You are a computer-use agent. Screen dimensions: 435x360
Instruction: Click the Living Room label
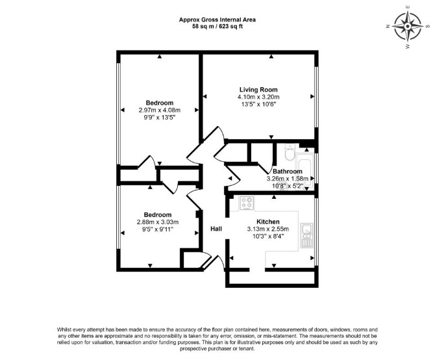(x=258, y=90)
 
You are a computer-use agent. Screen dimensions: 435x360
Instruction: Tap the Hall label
(x=216, y=229)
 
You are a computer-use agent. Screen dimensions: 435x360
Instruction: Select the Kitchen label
(x=267, y=222)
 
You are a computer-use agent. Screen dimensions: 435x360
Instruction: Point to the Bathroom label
(x=288, y=172)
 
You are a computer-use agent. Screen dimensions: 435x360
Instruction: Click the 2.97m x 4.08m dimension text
(x=160, y=110)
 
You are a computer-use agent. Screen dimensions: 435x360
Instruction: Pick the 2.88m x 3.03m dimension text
(x=158, y=222)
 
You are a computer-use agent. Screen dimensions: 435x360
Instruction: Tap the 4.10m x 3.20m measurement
(x=258, y=97)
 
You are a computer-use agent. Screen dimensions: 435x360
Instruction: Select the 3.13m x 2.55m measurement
(x=268, y=229)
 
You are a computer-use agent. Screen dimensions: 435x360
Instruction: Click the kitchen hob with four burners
(x=247, y=203)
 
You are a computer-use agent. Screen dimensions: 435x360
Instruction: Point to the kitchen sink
(x=306, y=235)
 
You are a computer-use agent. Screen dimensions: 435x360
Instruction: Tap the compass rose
(x=408, y=27)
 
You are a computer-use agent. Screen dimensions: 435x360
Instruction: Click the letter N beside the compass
(x=388, y=27)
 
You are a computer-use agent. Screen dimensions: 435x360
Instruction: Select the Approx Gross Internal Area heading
(x=217, y=19)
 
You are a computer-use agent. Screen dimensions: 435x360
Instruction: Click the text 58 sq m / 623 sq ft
(x=217, y=27)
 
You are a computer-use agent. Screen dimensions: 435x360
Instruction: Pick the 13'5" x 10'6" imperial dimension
(x=258, y=105)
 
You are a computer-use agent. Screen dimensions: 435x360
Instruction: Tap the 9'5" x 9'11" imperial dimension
(x=158, y=229)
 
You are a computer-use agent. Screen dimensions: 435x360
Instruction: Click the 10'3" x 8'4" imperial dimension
(x=268, y=236)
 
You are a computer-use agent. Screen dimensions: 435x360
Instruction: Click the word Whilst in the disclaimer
(x=64, y=329)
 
